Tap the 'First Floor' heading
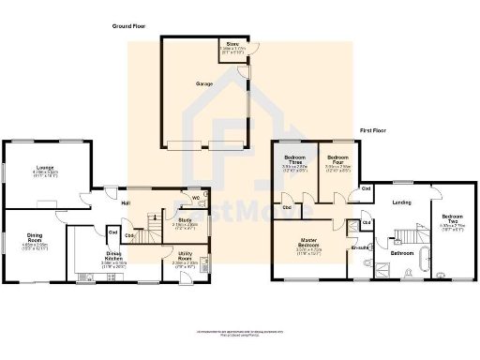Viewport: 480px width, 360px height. coord(375,130)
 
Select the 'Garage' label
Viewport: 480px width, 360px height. coord(203,84)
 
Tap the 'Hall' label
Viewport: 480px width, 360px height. coord(124,202)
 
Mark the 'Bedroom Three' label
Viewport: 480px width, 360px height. coord(295,159)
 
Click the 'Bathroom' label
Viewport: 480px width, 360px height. coord(403,253)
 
